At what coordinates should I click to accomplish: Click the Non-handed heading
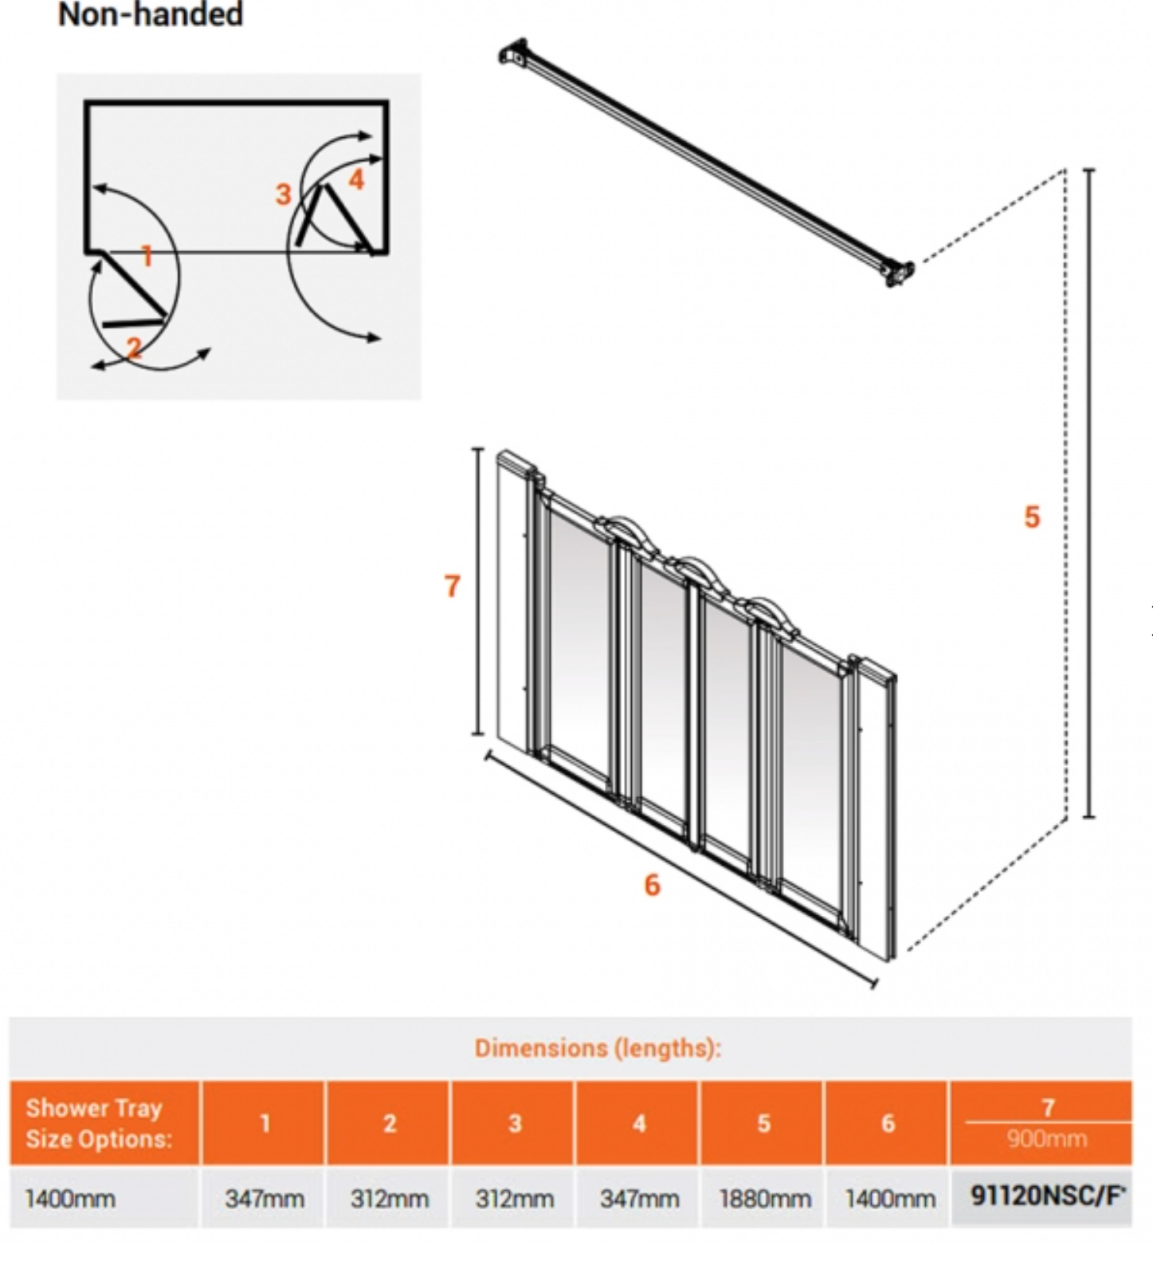click(150, 14)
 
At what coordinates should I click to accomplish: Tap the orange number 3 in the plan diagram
click(283, 194)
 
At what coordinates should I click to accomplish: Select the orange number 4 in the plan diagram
click(356, 179)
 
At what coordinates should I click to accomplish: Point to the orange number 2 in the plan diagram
click(134, 348)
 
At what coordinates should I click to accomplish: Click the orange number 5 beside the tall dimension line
click(1032, 517)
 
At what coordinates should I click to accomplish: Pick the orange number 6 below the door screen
click(652, 885)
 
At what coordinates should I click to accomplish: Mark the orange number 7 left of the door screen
click(452, 586)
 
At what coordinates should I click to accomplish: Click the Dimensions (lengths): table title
click(598, 1047)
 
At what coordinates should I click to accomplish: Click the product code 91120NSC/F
click(1047, 1196)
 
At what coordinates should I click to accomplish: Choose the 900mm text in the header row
click(1047, 1138)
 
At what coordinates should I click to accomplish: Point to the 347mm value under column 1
click(265, 1199)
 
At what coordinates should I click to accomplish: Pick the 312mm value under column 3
click(514, 1199)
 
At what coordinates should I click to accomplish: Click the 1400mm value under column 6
click(889, 1199)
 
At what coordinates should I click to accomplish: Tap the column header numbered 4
click(639, 1123)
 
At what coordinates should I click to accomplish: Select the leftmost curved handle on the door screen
click(628, 532)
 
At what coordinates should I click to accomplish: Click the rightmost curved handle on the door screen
click(771, 615)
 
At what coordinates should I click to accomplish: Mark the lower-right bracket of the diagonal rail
click(898, 273)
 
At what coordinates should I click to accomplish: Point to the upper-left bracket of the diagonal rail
click(514, 53)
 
